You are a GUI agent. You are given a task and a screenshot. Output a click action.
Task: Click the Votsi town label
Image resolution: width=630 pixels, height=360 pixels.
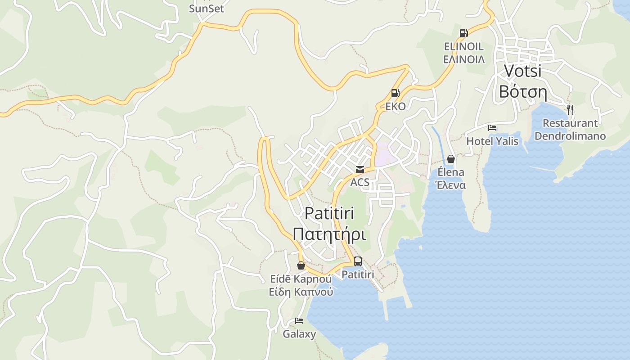click(x=522, y=71)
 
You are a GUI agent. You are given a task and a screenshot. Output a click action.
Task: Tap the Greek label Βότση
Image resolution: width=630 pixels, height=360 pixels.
click(x=522, y=92)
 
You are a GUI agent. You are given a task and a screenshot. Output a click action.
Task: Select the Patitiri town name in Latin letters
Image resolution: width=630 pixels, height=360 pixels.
click(x=329, y=213)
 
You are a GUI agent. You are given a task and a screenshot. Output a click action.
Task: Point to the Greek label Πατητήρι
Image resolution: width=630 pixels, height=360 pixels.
click(x=329, y=234)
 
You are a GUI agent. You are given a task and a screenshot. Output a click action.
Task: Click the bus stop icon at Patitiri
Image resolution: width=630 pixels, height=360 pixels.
click(x=357, y=261)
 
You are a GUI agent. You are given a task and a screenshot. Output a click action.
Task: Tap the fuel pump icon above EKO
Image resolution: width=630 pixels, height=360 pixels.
click(x=395, y=93)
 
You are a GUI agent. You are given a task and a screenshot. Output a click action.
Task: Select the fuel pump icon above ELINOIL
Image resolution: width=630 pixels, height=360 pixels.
click(x=463, y=33)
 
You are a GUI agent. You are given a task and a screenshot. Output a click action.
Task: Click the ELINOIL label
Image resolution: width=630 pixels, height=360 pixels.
click(x=463, y=46)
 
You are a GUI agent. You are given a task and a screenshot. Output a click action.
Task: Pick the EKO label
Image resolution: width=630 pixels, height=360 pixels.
click(x=395, y=107)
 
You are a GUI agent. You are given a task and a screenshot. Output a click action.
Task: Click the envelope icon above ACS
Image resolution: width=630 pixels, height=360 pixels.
click(x=360, y=170)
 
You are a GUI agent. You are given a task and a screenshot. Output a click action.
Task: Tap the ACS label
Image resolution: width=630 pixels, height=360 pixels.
click(x=360, y=182)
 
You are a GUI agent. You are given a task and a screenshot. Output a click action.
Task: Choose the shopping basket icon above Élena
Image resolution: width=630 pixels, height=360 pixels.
click(x=451, y=159)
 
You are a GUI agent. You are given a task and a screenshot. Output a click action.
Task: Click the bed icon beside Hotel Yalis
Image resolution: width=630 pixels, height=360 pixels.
click(x=492, y=128)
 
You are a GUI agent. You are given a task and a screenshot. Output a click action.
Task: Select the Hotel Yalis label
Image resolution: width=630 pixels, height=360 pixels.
click(x=492, y=141)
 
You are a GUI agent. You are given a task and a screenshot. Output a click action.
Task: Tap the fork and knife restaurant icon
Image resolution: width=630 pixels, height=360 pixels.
click(x=570, y=109)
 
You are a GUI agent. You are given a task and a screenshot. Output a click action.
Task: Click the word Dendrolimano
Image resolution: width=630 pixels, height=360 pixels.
click(x=570, y=136)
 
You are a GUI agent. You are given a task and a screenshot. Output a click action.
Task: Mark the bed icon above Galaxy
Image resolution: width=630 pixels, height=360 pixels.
click(x=299, y=321)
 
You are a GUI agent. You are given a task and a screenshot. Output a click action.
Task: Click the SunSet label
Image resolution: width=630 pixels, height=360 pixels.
click(x=207, y=9)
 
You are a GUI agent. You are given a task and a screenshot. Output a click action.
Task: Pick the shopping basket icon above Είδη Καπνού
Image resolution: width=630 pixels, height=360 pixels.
click(x=301, y=265)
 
